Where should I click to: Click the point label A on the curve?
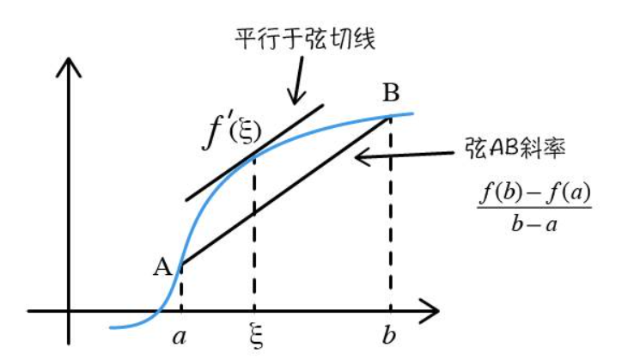pos(162,267)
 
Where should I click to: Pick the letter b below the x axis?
pos(391,334)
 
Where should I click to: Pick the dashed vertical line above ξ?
pos(253,232)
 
